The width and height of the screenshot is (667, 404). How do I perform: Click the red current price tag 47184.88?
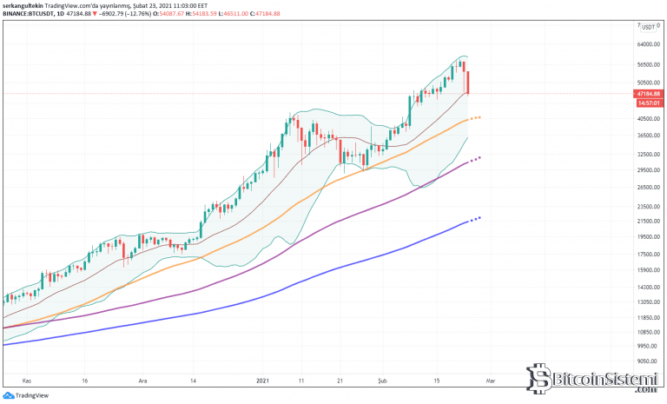tap(649, 93)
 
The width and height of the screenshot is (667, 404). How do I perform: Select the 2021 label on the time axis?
tap(264, 381)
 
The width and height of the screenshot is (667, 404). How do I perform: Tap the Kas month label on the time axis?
tap(27, 381)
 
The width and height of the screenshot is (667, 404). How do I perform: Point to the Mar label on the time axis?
tap(490, 381)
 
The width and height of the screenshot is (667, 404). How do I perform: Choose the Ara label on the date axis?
tap(143, 381)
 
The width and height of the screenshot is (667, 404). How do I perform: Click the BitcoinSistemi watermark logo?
tap(591, 380)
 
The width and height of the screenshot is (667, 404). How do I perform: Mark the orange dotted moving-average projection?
tap(475, 117)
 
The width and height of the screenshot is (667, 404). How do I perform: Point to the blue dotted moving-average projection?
tap(475, 219)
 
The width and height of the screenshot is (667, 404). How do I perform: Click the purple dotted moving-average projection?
tap(475, 159)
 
